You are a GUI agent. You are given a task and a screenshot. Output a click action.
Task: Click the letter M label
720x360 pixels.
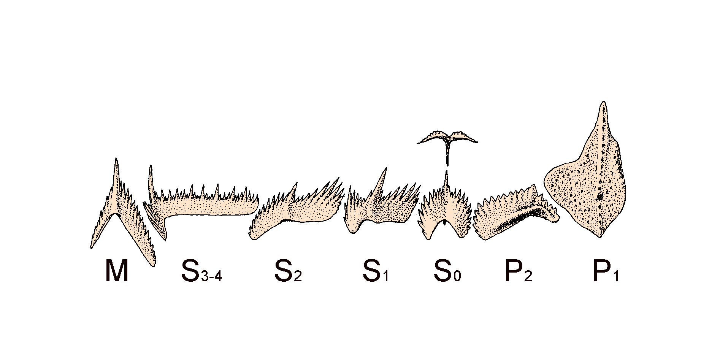[116, 272]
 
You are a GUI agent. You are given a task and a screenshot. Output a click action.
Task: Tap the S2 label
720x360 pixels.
[288, 272]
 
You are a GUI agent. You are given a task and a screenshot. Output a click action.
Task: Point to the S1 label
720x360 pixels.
[376, 272]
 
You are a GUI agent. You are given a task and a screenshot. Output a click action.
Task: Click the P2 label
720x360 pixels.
[518, 272]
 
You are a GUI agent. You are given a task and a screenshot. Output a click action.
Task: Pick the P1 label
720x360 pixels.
[606, 272]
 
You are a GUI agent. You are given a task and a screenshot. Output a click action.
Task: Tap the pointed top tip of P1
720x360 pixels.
[602, 102]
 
